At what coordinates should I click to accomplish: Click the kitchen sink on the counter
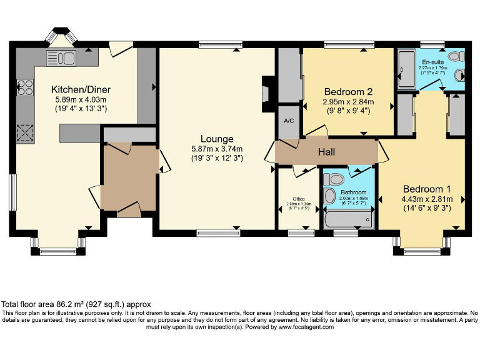[x=61, y=58]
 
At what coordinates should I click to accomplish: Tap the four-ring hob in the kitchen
[x=26, y=88]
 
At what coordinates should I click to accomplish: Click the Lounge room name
[x=217, y=139]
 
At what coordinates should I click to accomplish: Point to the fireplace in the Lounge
[x=267, y=89]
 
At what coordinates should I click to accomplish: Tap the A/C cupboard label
[x=289, y=121]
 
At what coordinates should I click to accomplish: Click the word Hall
[x=327, y=151]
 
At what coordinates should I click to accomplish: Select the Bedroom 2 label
[x=348, y=91]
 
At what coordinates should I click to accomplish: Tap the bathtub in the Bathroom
[x=348, y=219]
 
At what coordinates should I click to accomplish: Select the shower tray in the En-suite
[x=408, y=69]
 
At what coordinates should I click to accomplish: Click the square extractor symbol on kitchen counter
[x=26, y=132]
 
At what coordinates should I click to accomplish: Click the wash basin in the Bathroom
[x=330, y=197]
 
